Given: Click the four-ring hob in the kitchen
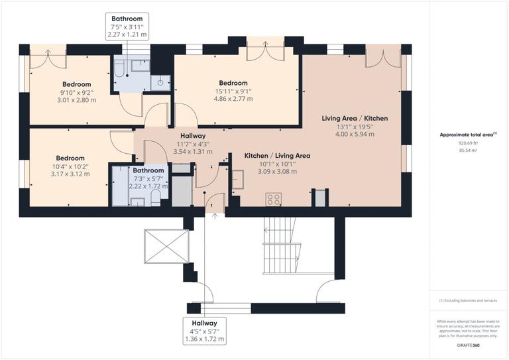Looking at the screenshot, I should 273,199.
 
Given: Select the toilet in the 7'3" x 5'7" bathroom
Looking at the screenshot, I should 155,198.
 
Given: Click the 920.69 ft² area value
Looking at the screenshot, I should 468,143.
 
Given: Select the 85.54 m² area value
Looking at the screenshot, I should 468,150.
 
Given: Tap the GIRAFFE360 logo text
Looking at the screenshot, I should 469,346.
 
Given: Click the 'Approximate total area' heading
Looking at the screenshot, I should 468,135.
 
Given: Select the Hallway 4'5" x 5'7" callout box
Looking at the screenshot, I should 205,331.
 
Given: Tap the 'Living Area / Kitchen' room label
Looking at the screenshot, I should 355,118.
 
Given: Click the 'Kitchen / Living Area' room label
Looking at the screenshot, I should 277,155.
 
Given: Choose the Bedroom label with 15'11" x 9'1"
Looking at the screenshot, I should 233,83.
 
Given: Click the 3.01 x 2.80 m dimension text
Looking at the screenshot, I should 76,101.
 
